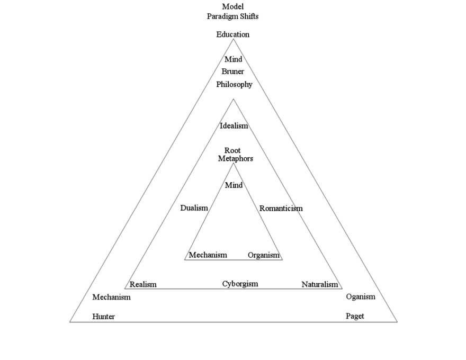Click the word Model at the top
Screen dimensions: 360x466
232,7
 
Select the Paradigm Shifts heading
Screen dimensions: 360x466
232,16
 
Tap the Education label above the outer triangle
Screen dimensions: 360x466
232,34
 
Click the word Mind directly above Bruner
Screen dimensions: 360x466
233,59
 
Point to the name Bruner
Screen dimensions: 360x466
233,71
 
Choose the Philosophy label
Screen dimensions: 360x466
234,84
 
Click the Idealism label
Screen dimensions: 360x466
234,126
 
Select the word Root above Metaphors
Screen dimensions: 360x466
232,150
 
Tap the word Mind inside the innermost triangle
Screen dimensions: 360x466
234,185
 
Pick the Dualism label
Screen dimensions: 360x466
194,208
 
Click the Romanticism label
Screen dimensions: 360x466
281,209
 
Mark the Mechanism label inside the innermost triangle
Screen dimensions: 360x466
208,255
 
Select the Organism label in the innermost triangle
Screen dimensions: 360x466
263,255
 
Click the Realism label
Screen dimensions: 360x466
143,285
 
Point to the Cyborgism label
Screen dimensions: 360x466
240,284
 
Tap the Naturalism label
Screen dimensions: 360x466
319,285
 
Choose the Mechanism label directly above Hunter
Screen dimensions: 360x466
111,297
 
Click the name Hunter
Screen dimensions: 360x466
103,317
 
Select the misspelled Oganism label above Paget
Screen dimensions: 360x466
360,296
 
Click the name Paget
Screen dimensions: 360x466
355,316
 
